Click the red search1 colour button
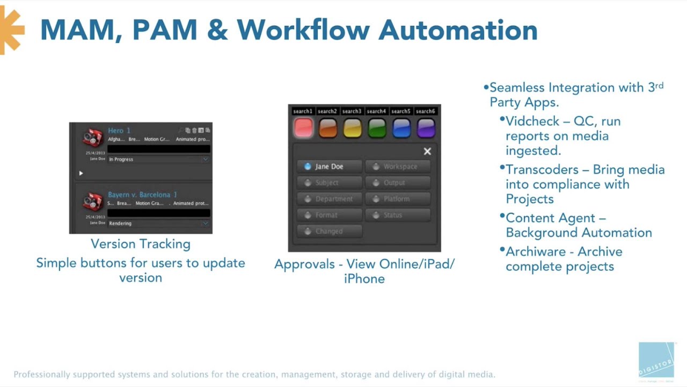click(x=303, y=128)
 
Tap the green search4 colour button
click(x=377, y=128)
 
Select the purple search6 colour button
click(x=426, y=128)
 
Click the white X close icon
click(x=427, y=152)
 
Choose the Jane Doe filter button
click(x=329, y=167)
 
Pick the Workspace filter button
click(x=398, y=167)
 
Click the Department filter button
click(x=329, y=199)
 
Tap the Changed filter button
click(x=329, y=231)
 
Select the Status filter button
click(x=398, y=215)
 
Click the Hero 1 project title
click(x=119, y=131)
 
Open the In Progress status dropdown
click(x=158, y=159)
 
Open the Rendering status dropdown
click(x=158, y=223)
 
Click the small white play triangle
click(x=81, y=173)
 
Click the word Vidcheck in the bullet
click(x=531, y=121)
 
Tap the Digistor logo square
click(x=656, y=359)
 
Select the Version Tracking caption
click(x=141, y=244)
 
